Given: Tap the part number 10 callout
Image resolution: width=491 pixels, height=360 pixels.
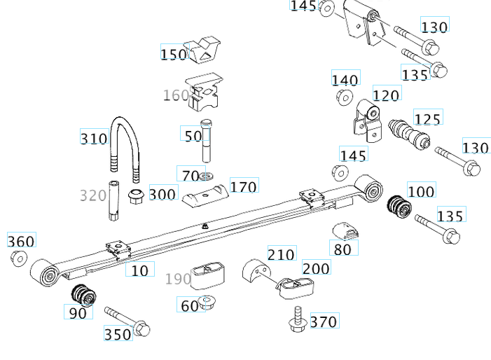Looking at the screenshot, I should point(141,270).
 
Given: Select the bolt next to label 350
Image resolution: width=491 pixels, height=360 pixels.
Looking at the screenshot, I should point(127,319).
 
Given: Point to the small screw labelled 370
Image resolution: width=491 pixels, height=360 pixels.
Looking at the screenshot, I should point(297,319).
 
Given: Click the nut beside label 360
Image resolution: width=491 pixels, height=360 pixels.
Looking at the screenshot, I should point(19,259).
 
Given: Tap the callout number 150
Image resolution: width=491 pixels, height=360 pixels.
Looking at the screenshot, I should point(174,54).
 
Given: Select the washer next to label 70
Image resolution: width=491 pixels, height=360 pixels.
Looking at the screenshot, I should point(207,175).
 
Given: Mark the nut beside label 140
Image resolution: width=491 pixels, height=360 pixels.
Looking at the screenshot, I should point(344,97).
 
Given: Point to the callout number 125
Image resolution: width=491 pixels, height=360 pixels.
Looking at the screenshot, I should point(427,118).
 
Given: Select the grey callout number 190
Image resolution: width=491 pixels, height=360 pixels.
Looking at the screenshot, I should point(178,279).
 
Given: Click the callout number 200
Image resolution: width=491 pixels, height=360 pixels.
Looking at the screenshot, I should point(316,268).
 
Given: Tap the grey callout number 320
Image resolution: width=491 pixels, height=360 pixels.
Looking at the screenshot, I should point(92,195).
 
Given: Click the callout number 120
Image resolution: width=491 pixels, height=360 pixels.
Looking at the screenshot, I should point(386,95).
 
